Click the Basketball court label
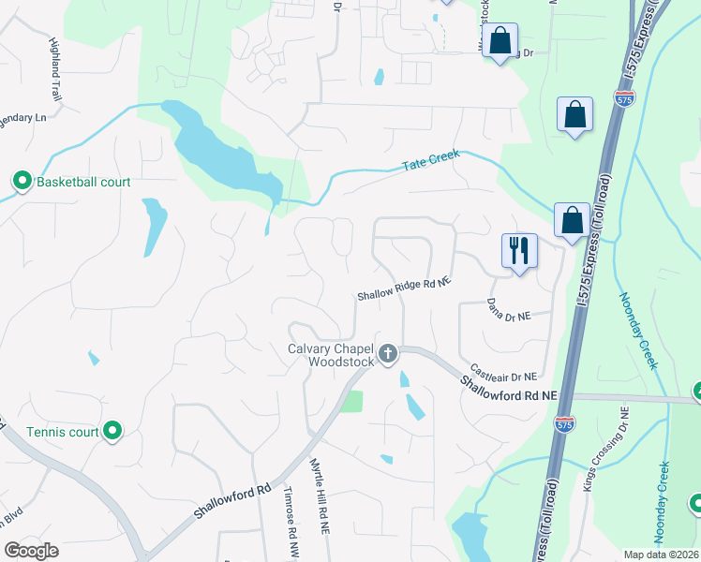click(x=83, y=181)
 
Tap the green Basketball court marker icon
click(x=22, y=181)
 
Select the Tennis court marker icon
click(x=112, y=431)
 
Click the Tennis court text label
click(x=62, y=432)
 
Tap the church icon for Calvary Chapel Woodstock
click(x=388, y=353)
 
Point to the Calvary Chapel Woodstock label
click(x=329, y=356)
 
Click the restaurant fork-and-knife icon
click(x=519, y=250)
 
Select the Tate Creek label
click(x=432, y=164)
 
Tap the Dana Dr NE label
click(x=509, y=310)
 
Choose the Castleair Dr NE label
click(x=502, y=373)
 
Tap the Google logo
click(x=30, y=551)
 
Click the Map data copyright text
click(x=662, y=555)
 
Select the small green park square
click(x=351, y=402)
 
